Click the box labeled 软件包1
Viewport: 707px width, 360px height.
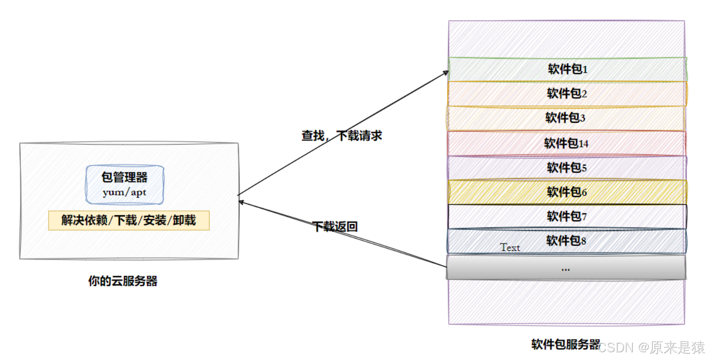(x=567, y=69)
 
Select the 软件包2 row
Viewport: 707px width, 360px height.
(x=567, y=94)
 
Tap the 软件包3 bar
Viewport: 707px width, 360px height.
(x=566, y=118)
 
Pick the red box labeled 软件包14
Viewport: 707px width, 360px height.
(x=566, y=143)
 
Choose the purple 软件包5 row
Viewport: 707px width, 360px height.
(x=567, y=168)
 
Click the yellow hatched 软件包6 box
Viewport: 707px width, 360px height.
(x=567, y=192)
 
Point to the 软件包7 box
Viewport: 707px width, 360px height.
(x=567, y=216)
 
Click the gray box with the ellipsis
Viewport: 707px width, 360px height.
(x=566, y=267)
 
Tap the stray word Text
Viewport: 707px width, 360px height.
(x=510, y=247)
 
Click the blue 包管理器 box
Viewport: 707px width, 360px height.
(x=125, y=184)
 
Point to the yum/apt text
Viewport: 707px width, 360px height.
(x=125, y=193)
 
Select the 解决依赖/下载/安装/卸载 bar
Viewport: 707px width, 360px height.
(x=129, y=220)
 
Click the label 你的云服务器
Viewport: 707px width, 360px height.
(x=123, y=281)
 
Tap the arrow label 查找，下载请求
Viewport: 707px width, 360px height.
(x=342, y=136)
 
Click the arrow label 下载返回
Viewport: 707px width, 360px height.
(x=335, y=226)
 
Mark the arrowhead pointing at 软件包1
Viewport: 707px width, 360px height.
(x=446, y=72)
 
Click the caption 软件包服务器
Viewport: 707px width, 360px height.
(x=566, y=344)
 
